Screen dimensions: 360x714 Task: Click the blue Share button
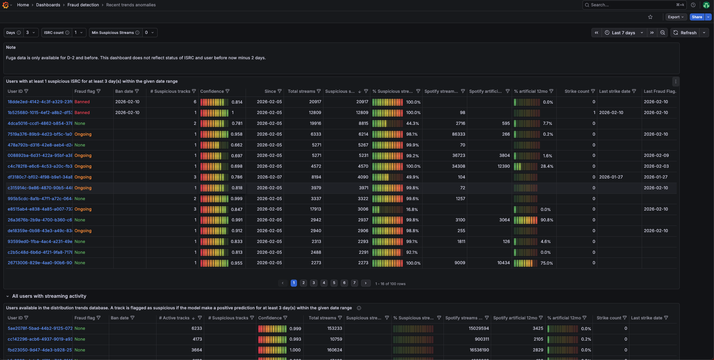click(696, 17)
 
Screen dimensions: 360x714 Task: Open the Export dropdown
click(676, 17)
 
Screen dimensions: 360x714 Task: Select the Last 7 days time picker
click(624, 33)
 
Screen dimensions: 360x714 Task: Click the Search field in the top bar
click(630, 5)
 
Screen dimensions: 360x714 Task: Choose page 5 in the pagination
click(334, 283)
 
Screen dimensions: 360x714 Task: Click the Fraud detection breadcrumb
click(83, 5)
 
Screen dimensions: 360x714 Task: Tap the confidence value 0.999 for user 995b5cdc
click(237, 199)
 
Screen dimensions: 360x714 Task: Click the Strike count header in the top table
click(576, 91)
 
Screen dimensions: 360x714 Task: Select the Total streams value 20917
click(315, 102)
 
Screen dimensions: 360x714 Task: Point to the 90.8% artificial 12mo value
click(547, 220)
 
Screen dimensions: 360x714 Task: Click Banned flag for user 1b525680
click(82, 113)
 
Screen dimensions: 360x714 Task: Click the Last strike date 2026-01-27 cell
click(611, 177)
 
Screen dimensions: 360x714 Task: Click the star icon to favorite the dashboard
click(650, 17)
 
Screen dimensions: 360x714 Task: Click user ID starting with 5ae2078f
click(40, 328)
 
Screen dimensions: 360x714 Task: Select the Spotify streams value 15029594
click(478, 328)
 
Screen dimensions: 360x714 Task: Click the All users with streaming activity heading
click(49, 296)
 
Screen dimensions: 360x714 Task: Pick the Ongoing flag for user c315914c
click(83, 188)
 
